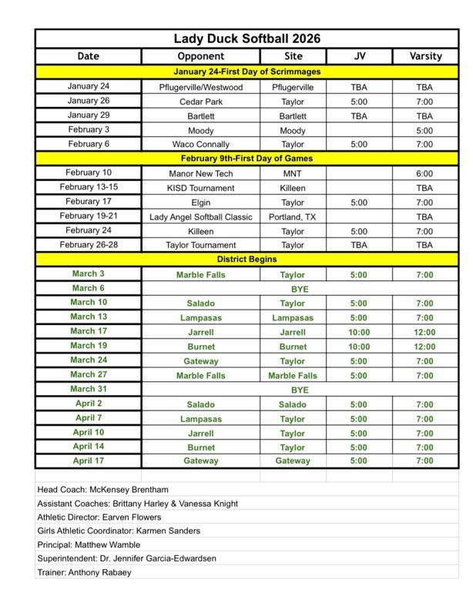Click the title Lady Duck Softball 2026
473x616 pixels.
[x=247, y=38]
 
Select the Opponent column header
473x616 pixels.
[x=200, y=56]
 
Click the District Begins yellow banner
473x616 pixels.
[x=247, y=259]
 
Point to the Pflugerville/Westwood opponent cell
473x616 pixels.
[x=200, y=87]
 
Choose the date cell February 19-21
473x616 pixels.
[x=88, y=216]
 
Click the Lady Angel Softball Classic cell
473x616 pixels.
[x=200, y=217]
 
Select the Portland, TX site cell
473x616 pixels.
[x=293, y=217]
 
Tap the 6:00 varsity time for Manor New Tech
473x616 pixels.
[x=424, y=173]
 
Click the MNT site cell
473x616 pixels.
[x=293, y=173]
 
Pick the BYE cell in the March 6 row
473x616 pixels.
[x=300, y=289]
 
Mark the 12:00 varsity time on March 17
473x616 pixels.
[x=424, y=332]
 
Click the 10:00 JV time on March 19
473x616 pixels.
[x=359, y=346]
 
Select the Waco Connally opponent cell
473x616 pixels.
[x=200, y=144]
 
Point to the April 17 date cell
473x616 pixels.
[x=88, y=460]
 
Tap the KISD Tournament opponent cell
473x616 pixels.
[x=200, y=188]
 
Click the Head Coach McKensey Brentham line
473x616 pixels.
[x=102, y=490]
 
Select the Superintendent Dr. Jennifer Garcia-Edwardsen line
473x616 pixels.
[x=127, y=559]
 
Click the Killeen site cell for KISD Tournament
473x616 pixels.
[x=293, y=188]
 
